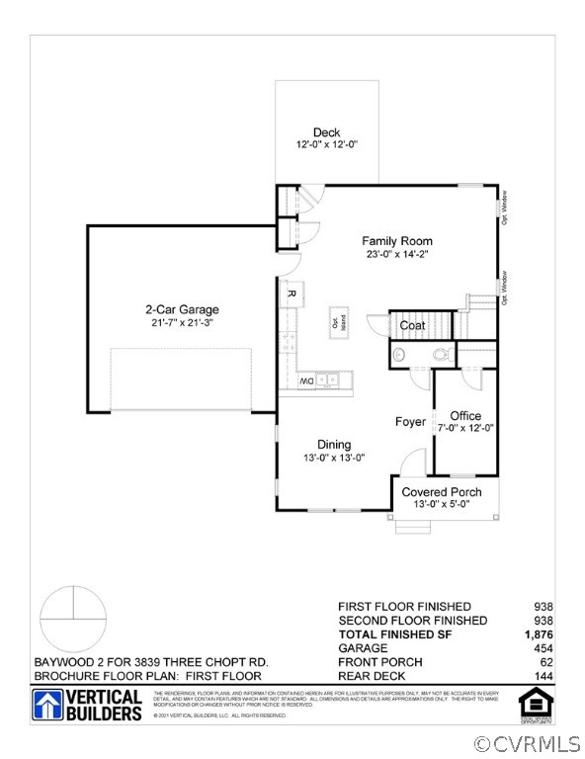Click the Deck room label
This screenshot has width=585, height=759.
(x=326, y=132)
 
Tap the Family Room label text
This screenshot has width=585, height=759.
(x=396, y=241)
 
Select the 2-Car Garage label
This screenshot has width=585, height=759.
(x=182, y=309)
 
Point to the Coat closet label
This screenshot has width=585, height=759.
(x=412, y=325)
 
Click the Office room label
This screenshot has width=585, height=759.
(x=465, y=415)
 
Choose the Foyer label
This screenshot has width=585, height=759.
(x=410, y=422)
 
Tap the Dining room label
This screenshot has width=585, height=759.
(x=333, y=445)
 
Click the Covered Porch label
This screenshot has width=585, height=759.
(x=441, y=492)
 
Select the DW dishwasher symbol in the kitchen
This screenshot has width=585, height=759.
(x=306, y=380)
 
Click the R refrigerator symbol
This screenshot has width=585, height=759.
(x=292, y=294)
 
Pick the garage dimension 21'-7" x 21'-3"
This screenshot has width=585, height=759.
(x=182, y=322)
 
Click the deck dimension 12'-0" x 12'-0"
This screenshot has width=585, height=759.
(x=326, y=144)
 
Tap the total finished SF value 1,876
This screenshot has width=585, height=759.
(x=538, y=633)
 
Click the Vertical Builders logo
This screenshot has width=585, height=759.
(x=88, y=705)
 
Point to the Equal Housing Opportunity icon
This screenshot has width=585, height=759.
(x=533, y=705)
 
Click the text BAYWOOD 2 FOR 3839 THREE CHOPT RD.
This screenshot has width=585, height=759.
(x=150, y=661)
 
